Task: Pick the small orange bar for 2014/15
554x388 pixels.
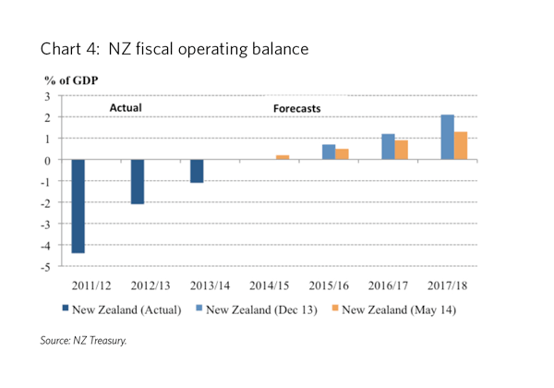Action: tap(283, 157)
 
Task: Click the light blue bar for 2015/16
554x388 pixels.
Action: tap(329, 152)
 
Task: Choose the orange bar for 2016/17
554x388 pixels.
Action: tap(401, 150)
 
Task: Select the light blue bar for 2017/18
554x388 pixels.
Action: tap(447, 137)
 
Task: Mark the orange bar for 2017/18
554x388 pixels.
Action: tap(460, 146)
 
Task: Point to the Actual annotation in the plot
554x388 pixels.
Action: tap(126, 108)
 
